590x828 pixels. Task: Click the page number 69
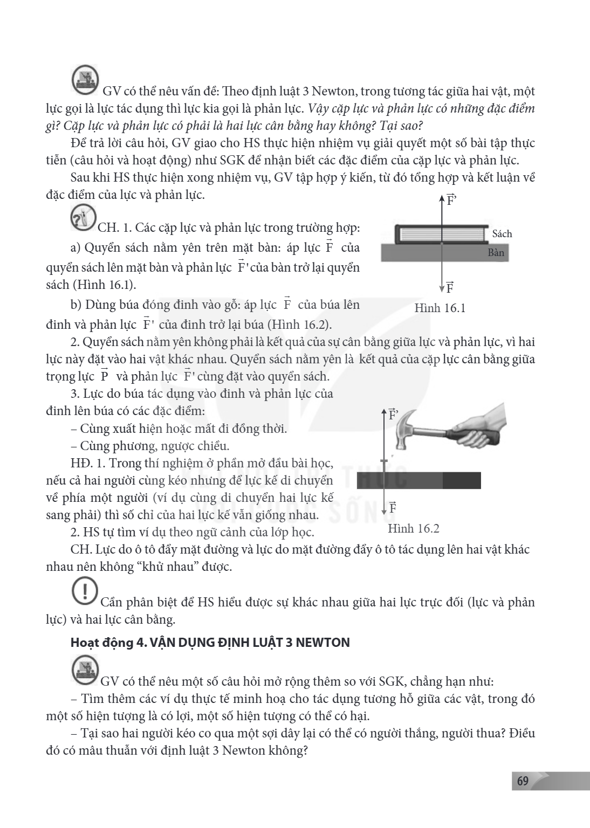click(523, 781)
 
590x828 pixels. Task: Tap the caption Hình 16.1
click(440, 308)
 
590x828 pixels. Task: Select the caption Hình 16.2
click(413, 529)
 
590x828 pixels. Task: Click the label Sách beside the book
click(502, 233)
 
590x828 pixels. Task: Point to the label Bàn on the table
click(496, 252)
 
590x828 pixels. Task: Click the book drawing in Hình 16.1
click(442, 234)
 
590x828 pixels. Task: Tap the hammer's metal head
click(403, 428)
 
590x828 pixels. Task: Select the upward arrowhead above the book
click(441, 198)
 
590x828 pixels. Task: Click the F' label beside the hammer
click(393, 415)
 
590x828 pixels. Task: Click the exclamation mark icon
click(85, 591)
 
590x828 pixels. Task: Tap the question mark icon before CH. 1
click(83, 218)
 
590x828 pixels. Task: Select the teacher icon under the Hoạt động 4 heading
click(85, 669)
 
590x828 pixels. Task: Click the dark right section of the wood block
click(462, 480)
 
